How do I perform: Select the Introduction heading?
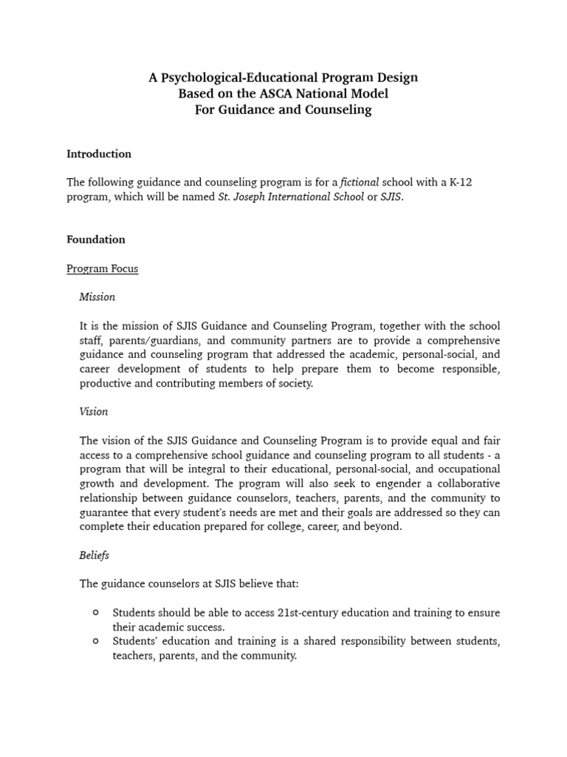(x=99, y=154)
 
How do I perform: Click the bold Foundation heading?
(x=96, y=240)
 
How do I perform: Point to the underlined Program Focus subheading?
(x=102, y=269)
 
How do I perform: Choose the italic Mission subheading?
(x=97, y=297)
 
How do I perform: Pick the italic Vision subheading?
(x=93, y=412)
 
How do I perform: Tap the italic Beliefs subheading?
(x=94, y=554)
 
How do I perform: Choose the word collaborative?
(x=464, y=483)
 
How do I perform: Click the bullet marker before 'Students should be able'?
(x=96, y=613)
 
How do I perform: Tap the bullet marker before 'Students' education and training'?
(x=96, y=641)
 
